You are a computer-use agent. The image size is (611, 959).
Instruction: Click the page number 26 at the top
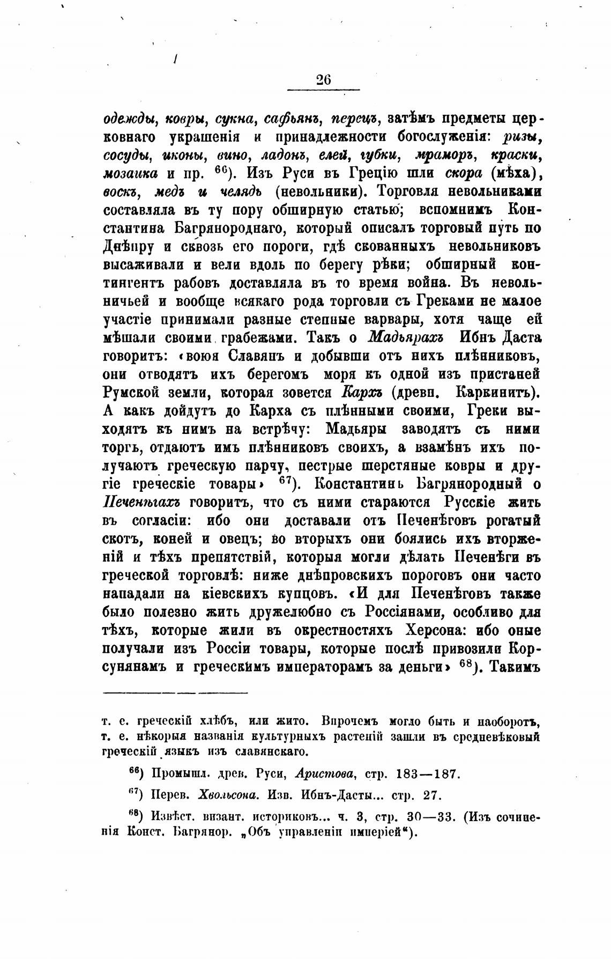324,79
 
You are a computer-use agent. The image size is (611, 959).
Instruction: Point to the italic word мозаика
130,174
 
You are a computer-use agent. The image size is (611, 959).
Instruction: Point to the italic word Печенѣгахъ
140,503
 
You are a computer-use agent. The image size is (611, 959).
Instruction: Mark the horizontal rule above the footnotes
175,693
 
